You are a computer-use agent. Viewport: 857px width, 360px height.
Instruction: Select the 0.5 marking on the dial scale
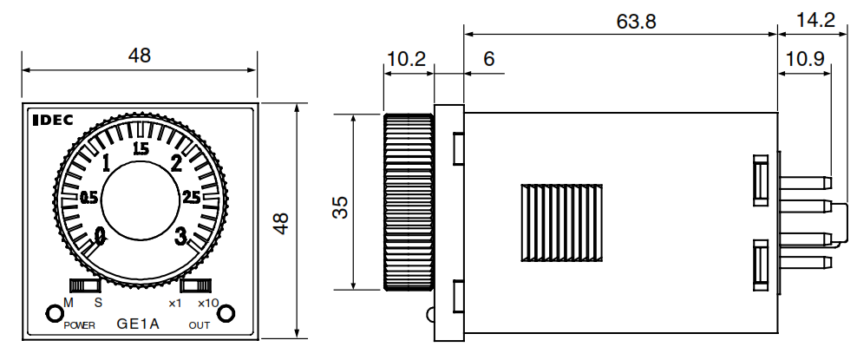pyautogui.click(x=88, y=198)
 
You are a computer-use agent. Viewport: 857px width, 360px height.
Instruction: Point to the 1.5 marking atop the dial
pyautogui.click(x=141, y=147)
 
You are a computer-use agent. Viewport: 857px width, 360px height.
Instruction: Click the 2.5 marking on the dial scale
pyautogui.click(x=192, y=198)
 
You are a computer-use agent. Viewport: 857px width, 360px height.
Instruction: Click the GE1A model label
pyautogui.click(x=138, y=324)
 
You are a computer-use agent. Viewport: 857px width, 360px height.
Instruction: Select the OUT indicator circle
pyautogui.click(x=226, y=313)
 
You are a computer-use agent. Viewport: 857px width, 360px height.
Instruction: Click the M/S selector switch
pyautogui.click(x=85, y=285)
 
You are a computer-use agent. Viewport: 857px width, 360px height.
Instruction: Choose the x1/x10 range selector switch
pyautogui.click(x=196, y=285)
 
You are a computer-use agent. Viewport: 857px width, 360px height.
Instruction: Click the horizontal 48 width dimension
pyautogui.click(x=139, y=56)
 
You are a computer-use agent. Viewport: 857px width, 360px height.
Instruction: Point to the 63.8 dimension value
pyautogui.click(x=636, y=20)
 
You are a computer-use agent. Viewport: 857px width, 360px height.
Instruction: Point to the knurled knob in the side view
pyautogui.click(x=408, y=201)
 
